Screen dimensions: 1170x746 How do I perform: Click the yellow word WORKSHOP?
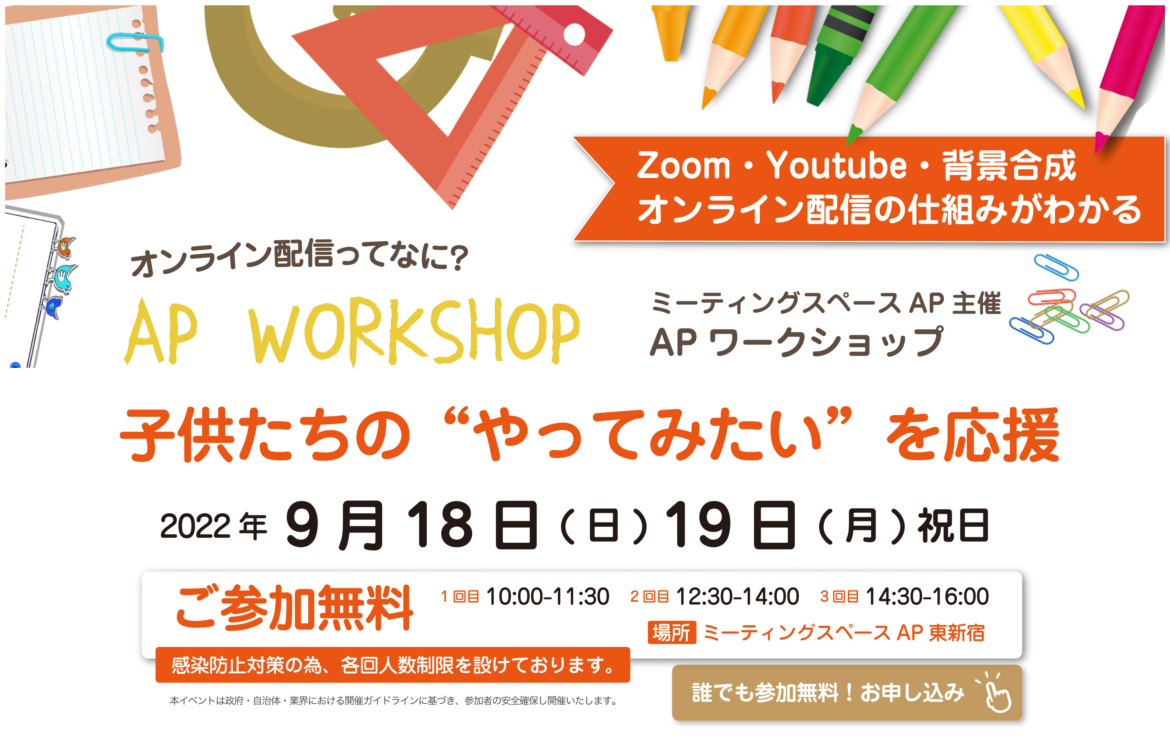415,331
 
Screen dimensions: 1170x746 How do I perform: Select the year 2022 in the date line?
195,526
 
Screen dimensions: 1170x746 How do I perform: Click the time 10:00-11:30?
547,597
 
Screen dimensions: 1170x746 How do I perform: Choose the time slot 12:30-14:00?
737,597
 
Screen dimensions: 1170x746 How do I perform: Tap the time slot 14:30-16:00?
927,597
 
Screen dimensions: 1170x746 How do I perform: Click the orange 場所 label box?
671,633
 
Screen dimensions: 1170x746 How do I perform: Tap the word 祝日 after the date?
953,526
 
